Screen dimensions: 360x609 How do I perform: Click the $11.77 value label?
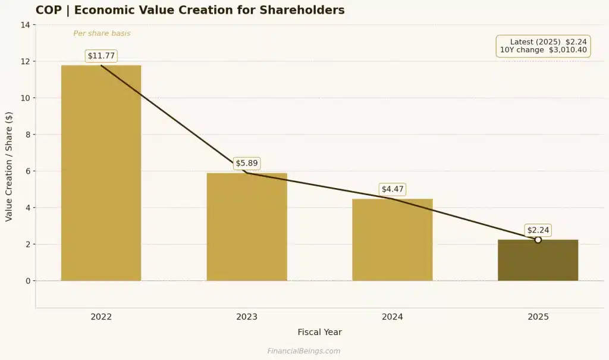[x=101, y=56]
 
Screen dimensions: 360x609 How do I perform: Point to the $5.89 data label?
[x=247, y=163]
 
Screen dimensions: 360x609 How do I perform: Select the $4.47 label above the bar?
[x=392, y=189]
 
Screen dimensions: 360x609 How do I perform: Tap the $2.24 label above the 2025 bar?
[x=538, y=230]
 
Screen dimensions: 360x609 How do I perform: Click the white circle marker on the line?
[x=538, y=240]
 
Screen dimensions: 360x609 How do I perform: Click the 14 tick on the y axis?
[x=25, y=25]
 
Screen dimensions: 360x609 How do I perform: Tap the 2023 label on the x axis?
[x=247, y=317]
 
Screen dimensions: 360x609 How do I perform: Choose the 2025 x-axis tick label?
[x=538, y=317]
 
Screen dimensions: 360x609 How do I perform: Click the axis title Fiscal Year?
[x=319, y=332]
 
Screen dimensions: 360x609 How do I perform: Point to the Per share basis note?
[x=102, y=33]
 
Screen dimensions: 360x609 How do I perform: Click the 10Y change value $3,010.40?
[x=567, y=50]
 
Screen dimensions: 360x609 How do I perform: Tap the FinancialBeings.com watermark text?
[x=303, y=351]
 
